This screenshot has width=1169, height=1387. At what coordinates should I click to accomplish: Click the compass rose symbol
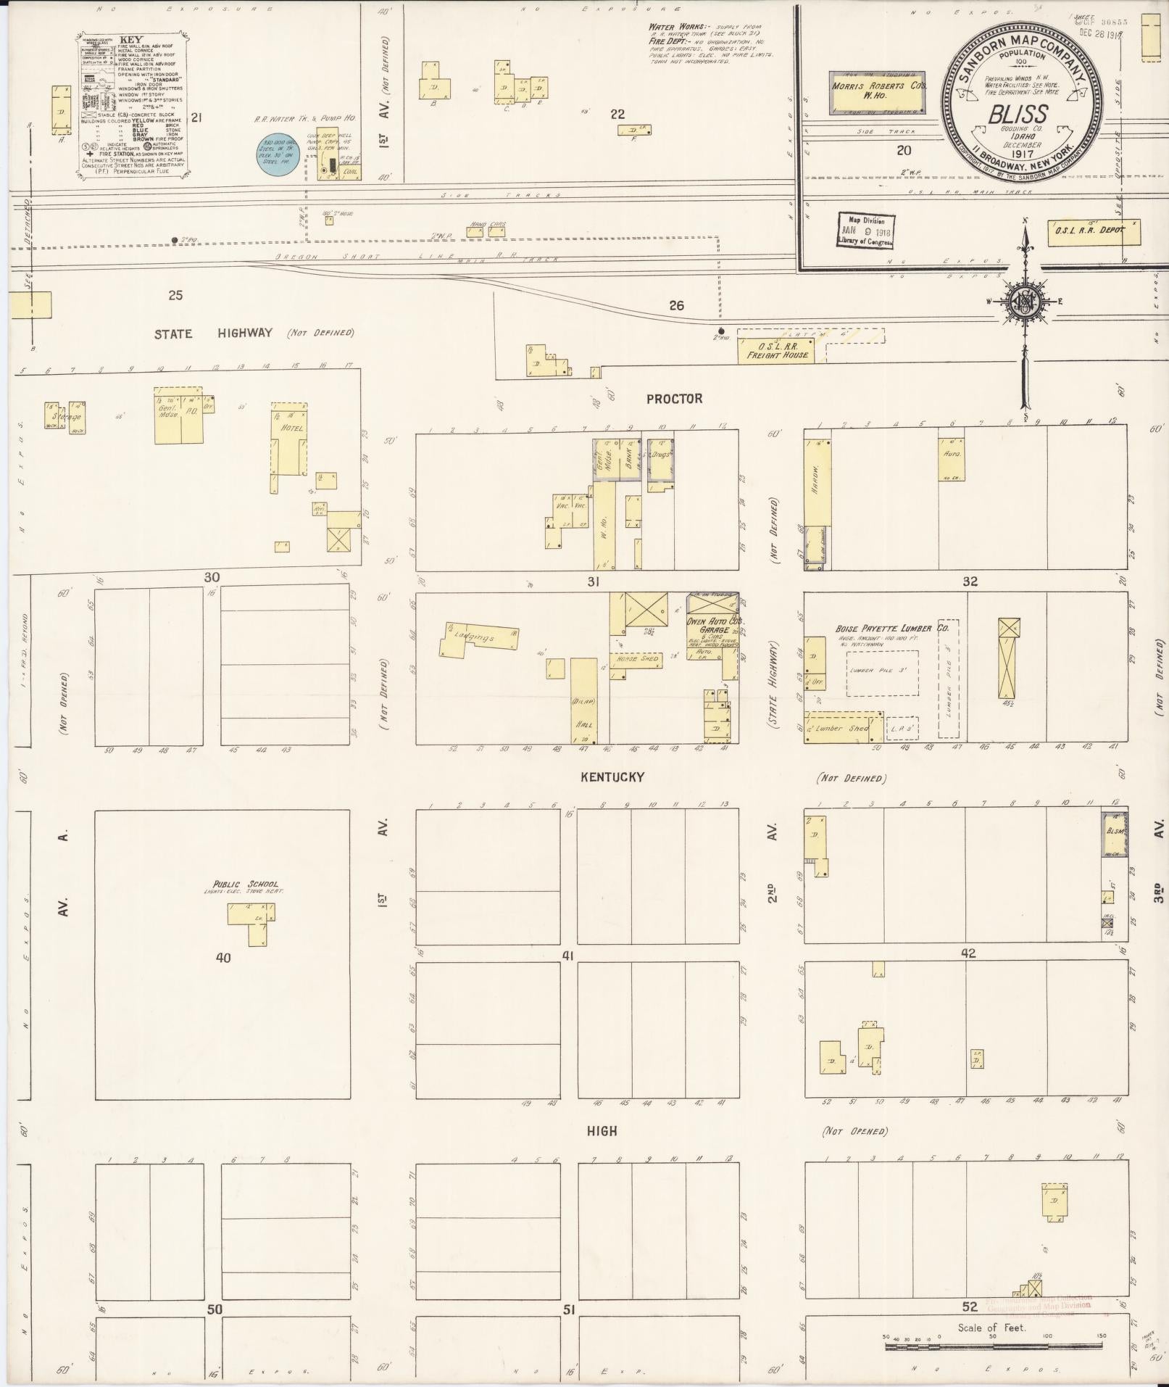(1025, 302)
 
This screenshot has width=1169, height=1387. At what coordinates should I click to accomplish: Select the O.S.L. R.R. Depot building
(1093, 232)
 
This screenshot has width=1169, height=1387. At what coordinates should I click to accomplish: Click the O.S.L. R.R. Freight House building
(776, 351)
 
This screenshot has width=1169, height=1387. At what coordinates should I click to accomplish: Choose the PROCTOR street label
(674, 399)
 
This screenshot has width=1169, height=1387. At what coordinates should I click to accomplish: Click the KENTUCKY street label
(612, 777)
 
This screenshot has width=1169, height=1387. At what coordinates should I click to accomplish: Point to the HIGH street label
(602, 1131)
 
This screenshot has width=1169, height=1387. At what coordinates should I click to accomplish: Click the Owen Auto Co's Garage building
(712, 635)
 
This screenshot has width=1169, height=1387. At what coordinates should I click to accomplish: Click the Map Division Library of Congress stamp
(866, 231)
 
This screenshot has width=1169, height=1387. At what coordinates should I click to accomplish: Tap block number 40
(222, 958)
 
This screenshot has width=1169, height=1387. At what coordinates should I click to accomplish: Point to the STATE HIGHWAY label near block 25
(213, 334)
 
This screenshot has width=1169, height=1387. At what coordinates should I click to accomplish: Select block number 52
(970, 1307)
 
